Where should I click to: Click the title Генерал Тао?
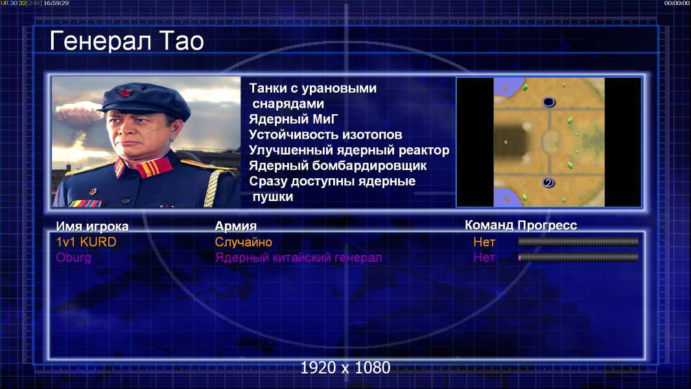point(127,41)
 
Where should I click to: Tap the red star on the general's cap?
point(125,92)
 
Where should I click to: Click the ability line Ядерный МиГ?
point(294,119)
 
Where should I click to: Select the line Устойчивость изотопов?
point(325,135)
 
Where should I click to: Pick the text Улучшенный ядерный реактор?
point(349,150)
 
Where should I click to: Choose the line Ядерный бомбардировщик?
point(338,165)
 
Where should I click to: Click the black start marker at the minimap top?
point(548,102)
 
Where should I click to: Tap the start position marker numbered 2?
point(548,182)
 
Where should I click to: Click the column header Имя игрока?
point(92,226)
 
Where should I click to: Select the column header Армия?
point(236,226)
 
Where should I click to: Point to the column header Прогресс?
point(547,225)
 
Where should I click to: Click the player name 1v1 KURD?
point(86,242)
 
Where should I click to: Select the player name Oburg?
point(74,258)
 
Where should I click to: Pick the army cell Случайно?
point(243,242)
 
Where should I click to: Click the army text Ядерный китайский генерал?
point(298,258)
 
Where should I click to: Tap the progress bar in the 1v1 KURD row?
point(578,241)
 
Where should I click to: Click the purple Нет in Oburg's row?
point(484,258)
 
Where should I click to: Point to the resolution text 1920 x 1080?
point(345,368)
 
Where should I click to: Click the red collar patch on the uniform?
point(154,167)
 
